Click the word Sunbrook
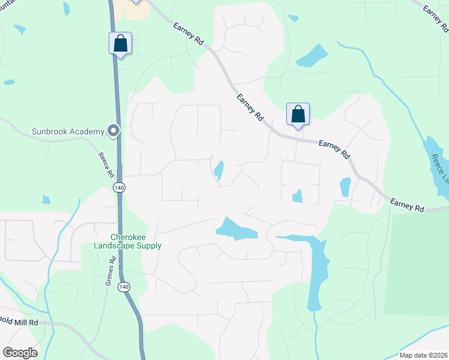[x=50, y=131]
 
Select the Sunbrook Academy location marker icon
[x=113, y=131]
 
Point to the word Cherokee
[x=127, y=236]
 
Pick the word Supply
[x=150, y=245]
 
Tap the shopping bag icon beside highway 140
[x=120, y=43]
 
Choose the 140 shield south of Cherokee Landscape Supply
[x=124, y=287]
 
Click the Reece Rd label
[x=106, y=164]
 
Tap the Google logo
[x=20, y=353]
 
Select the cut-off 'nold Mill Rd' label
[x=19, y=322]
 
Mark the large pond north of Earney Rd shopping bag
[x=312, y=56]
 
